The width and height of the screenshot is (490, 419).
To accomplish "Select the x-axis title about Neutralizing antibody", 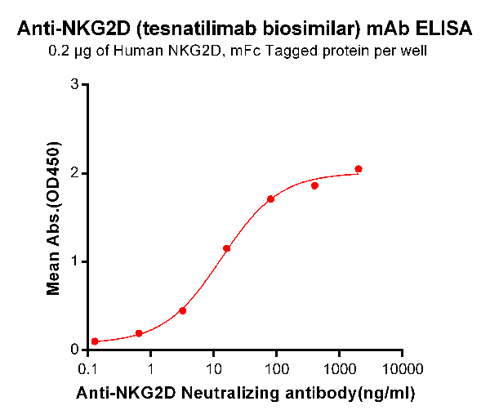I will tap(245, 393).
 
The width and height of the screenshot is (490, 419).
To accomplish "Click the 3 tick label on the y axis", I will tap(74, 85).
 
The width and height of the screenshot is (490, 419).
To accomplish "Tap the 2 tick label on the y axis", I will tap(74, 173).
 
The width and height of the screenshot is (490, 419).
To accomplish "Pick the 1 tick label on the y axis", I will tap(74, 261).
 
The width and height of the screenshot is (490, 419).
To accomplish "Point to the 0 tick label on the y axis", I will tap(74, 350).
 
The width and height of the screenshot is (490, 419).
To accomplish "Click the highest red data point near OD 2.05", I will tap(359, 169).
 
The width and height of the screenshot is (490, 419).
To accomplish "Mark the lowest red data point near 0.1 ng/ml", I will tap(95, 341).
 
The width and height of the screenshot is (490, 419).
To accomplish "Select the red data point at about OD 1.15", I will tap(226, 248).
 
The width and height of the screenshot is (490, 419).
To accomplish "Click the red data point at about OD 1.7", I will tap(270, 199).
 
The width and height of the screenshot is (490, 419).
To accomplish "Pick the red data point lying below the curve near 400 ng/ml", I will tap(314, 185).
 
